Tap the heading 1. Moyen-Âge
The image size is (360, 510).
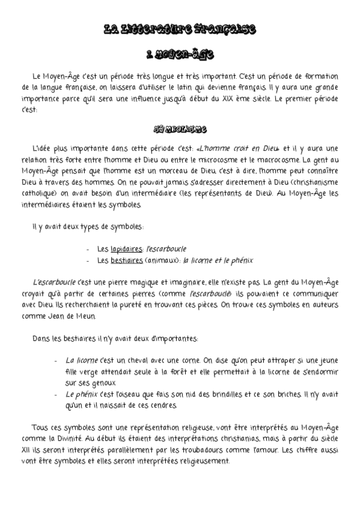180,55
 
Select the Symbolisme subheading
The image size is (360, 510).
180,129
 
